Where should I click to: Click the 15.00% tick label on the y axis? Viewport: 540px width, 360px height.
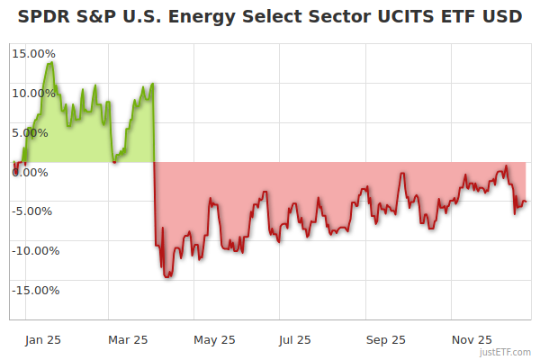[34, 53]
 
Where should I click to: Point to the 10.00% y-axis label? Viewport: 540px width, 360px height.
[34, 93]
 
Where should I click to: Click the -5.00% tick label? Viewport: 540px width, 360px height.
[35, 211]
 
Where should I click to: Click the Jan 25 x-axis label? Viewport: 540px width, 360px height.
[42, 339]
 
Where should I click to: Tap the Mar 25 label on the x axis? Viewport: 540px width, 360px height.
[128, 339]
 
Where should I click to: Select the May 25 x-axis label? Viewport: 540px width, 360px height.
[214, 339]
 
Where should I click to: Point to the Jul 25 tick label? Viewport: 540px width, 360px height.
[294, 339]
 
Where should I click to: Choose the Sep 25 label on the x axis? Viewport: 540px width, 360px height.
[386, 339]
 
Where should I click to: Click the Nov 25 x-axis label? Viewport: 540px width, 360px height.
[472, 339]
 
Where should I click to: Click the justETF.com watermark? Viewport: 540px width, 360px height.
[508, 352]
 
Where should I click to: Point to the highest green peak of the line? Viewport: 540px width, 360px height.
[50, 62]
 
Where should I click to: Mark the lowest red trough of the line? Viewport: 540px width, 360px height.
[166, 277]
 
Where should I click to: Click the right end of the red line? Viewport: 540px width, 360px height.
[527, 201]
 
